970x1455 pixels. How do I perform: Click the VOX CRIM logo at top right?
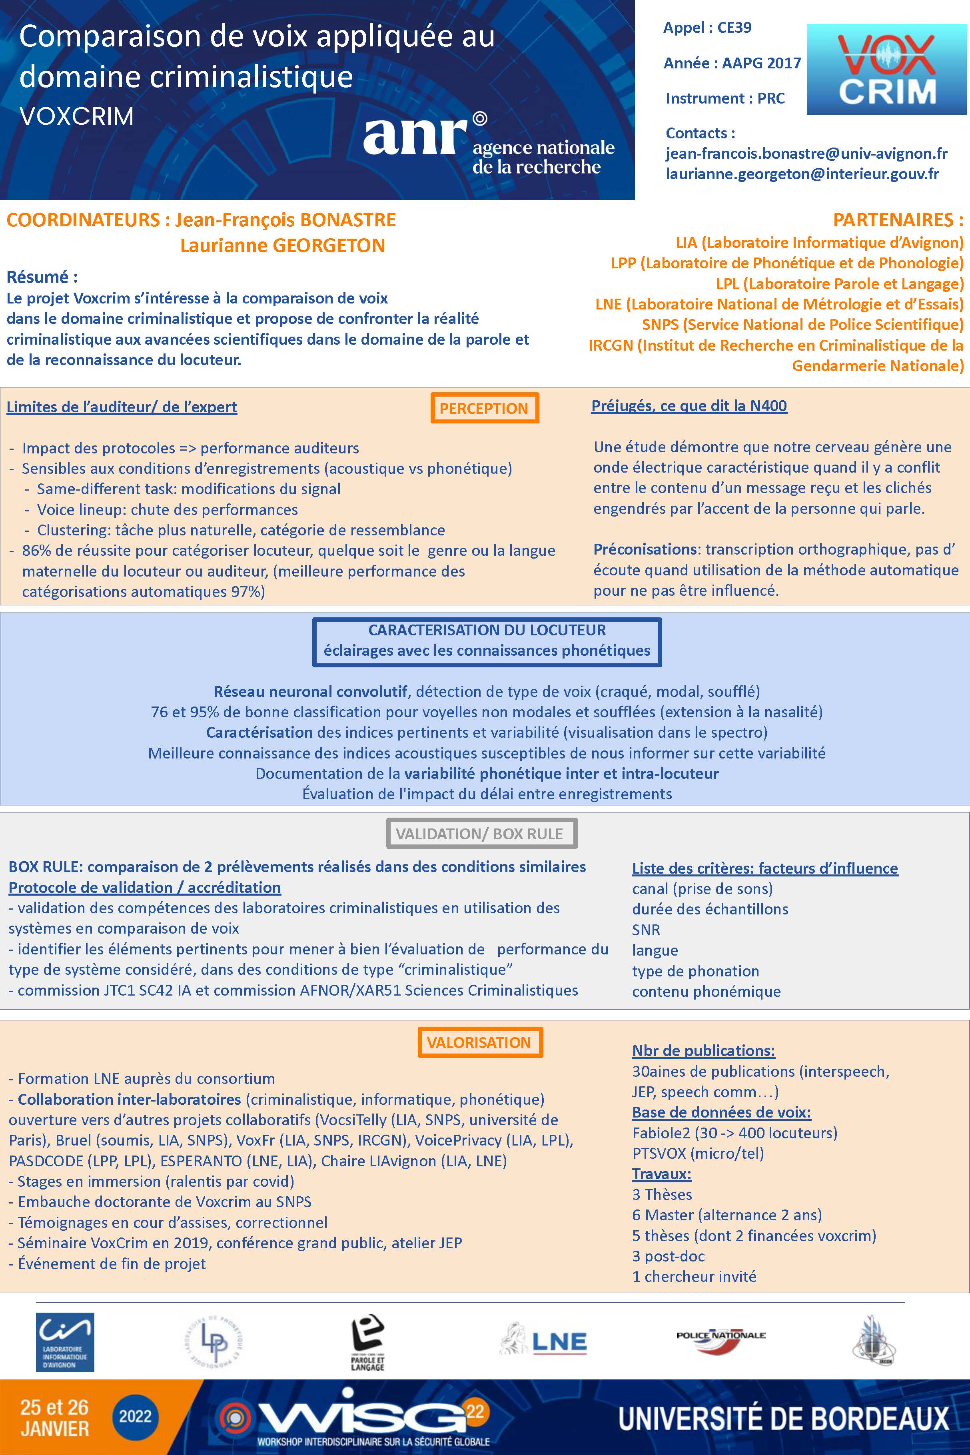click(886, 69)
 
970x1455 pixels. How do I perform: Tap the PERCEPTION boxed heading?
click(484, 408)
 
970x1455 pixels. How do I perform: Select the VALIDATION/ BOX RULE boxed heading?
click(480, 834)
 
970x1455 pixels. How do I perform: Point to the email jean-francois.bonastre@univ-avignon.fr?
click(806, 154)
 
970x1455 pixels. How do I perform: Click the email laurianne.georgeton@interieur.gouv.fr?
click(802, 174)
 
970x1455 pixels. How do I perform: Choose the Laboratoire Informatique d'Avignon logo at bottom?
click(65, 1342)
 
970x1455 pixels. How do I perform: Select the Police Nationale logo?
click(721, 1339)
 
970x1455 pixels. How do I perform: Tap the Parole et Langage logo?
click(367, 1342)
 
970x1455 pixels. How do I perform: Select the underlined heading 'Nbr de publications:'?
click(703, 1050)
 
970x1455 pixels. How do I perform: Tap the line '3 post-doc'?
click(668, 1256)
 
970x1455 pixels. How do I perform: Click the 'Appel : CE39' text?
click(707, 28)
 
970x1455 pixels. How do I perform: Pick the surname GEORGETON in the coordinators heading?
click(329, 245)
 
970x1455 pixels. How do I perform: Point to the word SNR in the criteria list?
click(646, 930)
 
